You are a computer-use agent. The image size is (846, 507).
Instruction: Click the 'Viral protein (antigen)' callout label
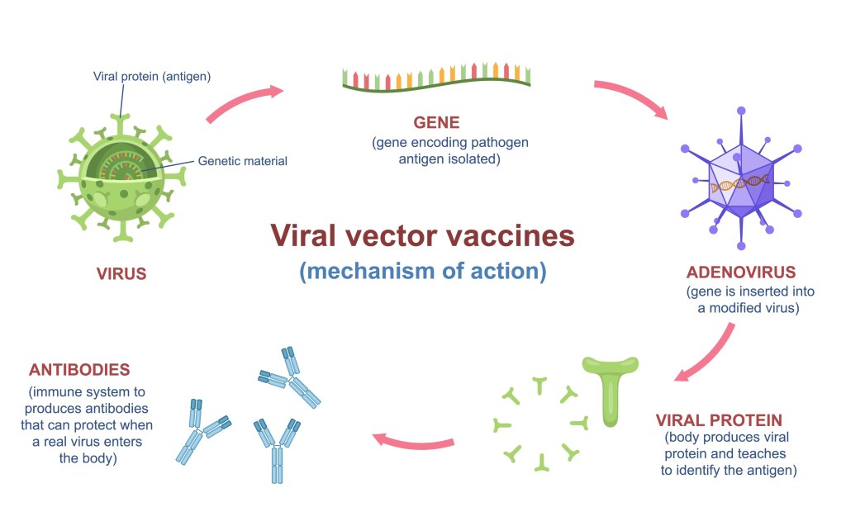tap(152, 77)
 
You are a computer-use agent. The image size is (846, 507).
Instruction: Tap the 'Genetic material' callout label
tap(243, 161)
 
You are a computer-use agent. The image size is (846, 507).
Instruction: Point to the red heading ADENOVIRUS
tap(740, 272)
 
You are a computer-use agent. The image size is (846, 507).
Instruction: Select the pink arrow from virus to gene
tap(244, 102)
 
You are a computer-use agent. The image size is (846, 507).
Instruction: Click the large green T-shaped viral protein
tap(610, 388)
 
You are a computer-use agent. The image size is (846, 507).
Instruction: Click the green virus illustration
tap(122, 174)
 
